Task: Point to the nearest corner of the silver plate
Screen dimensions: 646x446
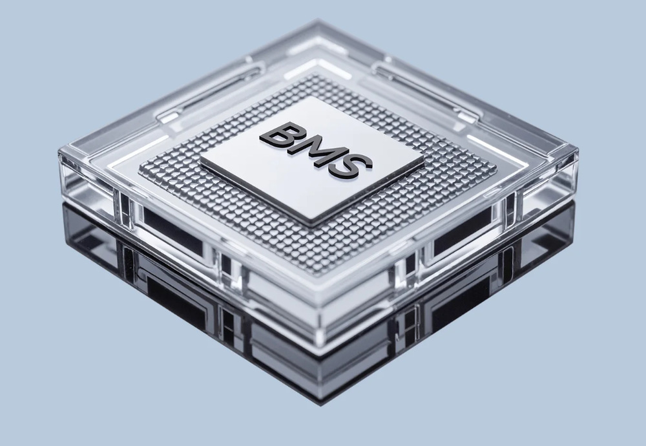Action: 311,226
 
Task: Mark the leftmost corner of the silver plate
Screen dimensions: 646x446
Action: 200,160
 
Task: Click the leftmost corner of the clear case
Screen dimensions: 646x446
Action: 59,152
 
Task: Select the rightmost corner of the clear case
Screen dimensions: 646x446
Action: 578,150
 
